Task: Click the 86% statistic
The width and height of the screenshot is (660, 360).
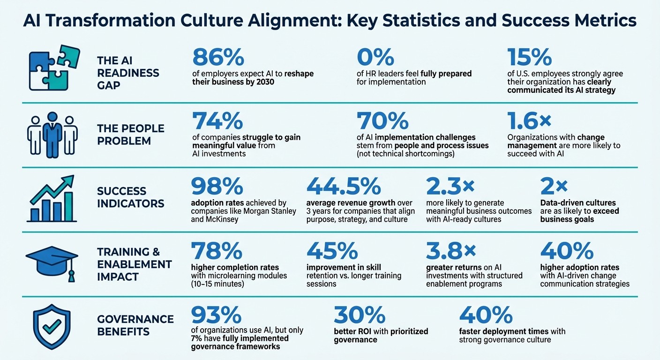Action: click(218, 58)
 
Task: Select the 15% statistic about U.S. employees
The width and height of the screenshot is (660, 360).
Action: click(530, 58)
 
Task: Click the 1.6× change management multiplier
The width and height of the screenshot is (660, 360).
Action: click(530, 121)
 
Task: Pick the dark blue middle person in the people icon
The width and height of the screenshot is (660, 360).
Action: click(52, 133)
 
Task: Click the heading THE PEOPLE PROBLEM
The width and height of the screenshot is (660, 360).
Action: click(130, 135)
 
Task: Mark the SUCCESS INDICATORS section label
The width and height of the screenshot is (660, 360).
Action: click(130, 197)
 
